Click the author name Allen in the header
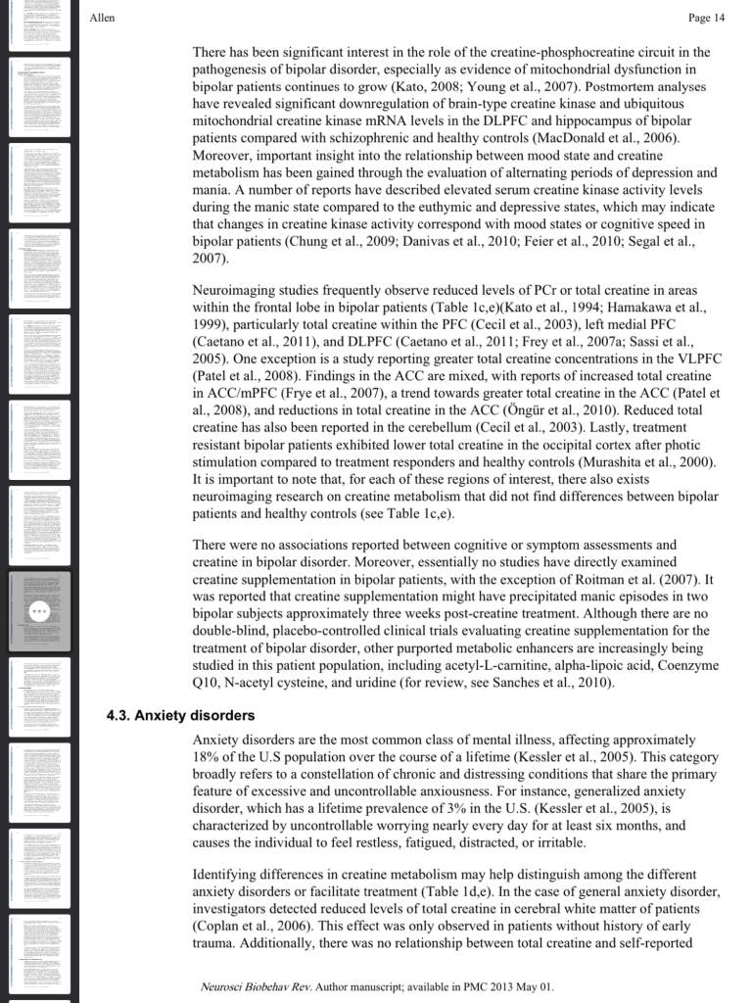point(101,18)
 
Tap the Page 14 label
point(706,18)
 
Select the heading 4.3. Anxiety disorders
point(180,715)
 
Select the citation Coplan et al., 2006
point(259,928)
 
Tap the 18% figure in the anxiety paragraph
point(208,758)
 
